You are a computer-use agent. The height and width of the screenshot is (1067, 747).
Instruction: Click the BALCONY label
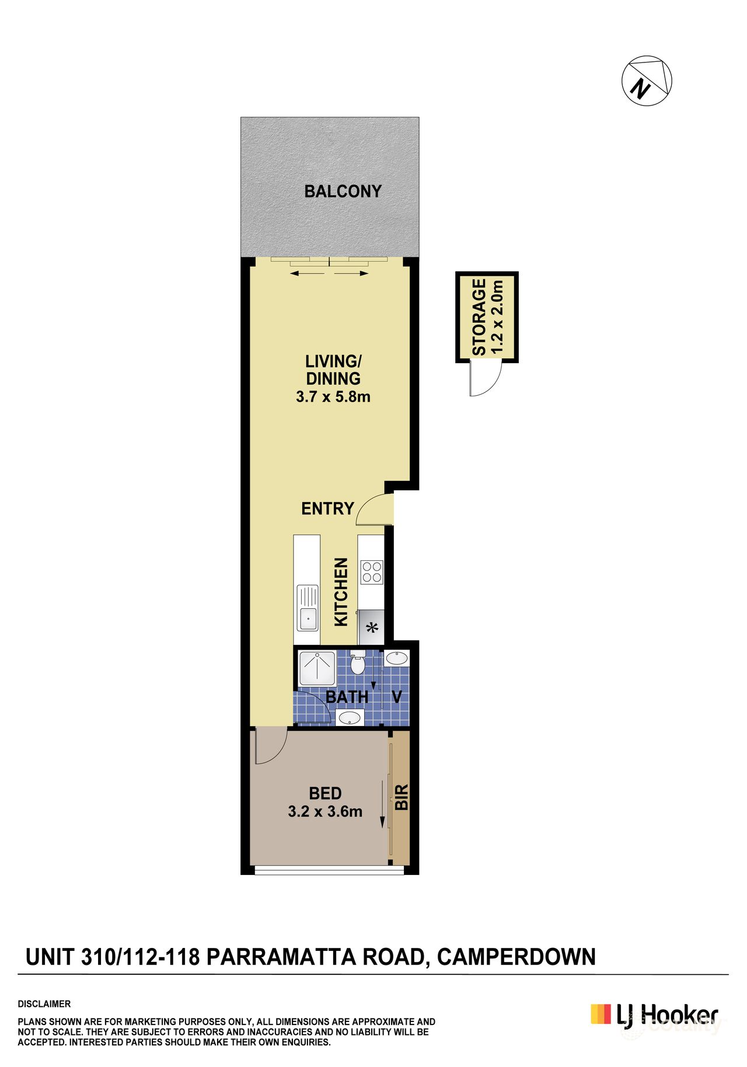343,191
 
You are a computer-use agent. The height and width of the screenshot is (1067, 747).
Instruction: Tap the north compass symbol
647,81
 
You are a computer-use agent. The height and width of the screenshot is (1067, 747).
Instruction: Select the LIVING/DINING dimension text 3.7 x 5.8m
333,397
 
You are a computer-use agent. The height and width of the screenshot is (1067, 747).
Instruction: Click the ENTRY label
327,509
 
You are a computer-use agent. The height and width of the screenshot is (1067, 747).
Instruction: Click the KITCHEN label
341,592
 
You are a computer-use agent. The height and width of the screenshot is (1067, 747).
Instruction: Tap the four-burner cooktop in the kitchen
371,571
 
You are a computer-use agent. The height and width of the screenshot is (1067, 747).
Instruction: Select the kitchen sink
308,608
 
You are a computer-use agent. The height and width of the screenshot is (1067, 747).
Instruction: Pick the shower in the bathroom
317,668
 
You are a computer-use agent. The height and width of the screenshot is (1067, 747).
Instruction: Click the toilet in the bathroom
357,664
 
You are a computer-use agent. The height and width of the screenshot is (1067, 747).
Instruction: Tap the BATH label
347,697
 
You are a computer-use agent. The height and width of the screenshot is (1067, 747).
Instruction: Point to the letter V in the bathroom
397,697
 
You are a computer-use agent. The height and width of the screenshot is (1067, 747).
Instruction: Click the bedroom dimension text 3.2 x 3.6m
325,811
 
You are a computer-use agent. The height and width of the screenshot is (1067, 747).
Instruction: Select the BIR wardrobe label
402,797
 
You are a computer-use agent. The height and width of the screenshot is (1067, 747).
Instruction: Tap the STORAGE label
479,317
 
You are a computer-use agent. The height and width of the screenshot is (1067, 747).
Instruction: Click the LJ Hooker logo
654,1014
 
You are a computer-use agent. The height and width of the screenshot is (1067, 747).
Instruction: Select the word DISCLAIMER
44,1004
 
